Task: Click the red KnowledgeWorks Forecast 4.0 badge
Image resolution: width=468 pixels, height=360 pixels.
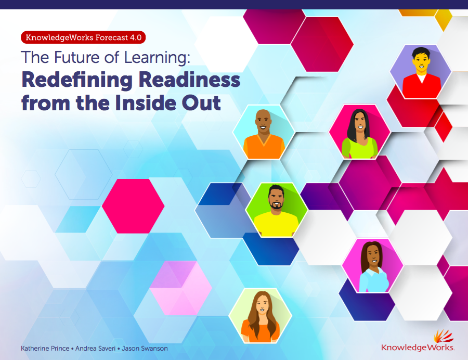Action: (83, 37)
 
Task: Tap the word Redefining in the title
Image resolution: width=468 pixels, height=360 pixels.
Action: (77, 80)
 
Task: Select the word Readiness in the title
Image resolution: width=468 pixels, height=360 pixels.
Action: (189, 80)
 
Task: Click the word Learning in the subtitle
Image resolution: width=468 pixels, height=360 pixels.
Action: (157, 58)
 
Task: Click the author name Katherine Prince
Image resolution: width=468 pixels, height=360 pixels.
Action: (45, 349)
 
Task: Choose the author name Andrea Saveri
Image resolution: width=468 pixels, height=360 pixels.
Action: (95, 349)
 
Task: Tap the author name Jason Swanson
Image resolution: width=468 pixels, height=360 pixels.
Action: (145, 349)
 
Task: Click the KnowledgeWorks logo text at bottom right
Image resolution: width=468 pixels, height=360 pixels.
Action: (418, 348)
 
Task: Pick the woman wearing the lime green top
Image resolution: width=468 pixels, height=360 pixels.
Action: (360, 134)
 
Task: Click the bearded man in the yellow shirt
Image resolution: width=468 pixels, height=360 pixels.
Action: (276, 210)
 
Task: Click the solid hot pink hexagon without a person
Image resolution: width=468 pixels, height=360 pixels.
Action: (133, 206)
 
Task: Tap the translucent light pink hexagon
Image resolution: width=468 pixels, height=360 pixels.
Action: (181, 288)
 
